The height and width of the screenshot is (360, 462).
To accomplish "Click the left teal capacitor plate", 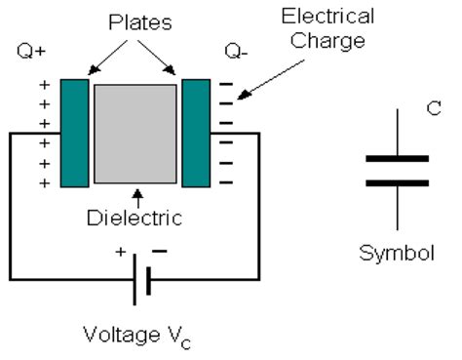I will [x=74, y=132].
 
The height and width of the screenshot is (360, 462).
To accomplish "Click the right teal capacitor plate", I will [x=196, y=132].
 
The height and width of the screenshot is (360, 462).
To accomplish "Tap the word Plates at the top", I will [x=135, y=21].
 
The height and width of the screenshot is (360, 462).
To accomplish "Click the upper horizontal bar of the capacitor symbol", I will [x=396, y=157].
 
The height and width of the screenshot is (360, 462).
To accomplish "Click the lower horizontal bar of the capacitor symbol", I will [x=396, y=182].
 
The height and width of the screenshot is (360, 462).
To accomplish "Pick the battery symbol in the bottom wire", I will [x=142, y=279].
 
